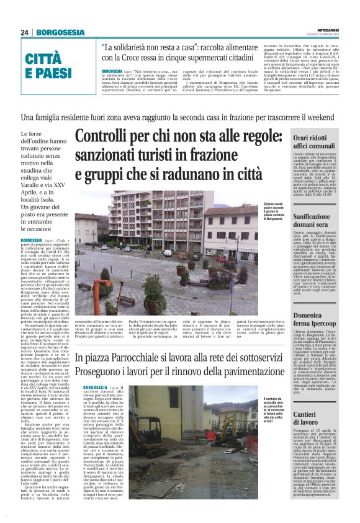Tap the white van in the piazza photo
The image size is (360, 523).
(x=168, y=253)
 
